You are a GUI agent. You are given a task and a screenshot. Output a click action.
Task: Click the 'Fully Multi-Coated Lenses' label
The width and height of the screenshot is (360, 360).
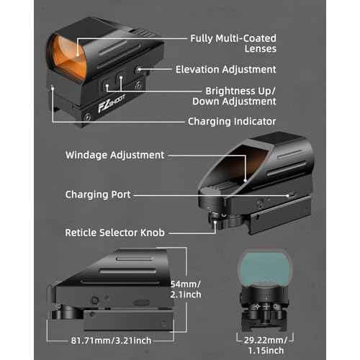(x=233, y=43)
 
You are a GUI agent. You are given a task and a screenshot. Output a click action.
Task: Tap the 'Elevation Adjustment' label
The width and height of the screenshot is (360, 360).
(x=226, y=70)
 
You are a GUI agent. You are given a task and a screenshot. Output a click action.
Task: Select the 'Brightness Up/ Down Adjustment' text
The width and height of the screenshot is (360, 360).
(x=234, y=96)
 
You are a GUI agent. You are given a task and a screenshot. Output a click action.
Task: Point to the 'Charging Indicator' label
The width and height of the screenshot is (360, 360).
(x=232, y=122)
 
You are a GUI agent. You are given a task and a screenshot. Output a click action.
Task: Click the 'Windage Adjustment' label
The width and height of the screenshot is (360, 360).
(x=114, y=155)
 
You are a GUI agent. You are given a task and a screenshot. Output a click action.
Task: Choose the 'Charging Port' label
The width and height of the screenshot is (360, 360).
(x=98, y=194)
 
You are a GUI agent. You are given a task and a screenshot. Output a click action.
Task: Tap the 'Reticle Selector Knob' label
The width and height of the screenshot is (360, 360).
(x=114, y=233)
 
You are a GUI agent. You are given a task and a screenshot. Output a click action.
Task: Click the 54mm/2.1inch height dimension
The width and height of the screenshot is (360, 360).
(x=186, y=289)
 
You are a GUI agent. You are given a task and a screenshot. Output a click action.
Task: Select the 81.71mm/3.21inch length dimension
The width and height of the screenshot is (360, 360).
(x=111, y=341)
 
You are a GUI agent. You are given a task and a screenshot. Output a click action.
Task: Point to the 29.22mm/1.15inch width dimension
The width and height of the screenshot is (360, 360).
(x=266, y=346)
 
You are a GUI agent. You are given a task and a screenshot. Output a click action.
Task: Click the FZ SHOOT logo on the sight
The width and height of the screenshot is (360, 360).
(x=111, y=103)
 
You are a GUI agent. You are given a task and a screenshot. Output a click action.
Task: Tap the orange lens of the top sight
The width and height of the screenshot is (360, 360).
(x=68, y=58)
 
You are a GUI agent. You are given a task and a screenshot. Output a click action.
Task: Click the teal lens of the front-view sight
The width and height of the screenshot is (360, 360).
(x=265, y=269)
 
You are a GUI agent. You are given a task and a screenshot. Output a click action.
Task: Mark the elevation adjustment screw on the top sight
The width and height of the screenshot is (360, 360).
(x=139, y=70)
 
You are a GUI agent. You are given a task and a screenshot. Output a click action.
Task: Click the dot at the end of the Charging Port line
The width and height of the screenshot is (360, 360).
(x=288, y=196)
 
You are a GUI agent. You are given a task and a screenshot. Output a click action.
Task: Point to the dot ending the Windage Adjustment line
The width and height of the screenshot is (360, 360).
(x=246, y=181)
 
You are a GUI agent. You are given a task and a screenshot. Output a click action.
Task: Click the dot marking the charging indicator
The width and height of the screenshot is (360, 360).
(x=53, y=89)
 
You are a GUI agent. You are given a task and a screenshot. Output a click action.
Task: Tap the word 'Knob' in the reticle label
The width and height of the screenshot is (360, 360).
(x=153, y=233)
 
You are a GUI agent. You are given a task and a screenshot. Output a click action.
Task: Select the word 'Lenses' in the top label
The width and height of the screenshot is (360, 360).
(x=261, y=49)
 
